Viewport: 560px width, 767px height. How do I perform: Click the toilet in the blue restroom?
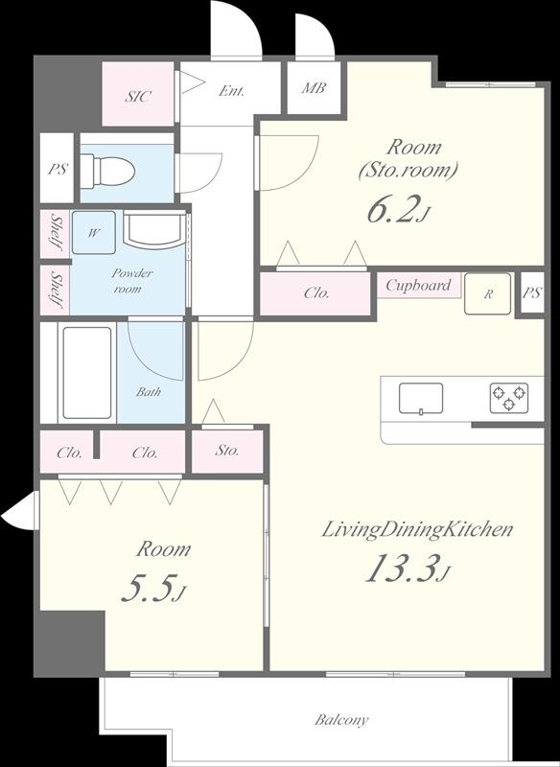click(107, 170)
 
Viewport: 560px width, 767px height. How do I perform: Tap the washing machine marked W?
click(93, 232)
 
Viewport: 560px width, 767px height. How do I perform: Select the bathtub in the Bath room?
click(87, 373)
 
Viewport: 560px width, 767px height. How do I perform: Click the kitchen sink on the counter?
click(421, 398)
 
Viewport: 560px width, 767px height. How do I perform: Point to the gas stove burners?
click(509, 397)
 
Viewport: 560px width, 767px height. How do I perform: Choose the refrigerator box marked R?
click(487, 293)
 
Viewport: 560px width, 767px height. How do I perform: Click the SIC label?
click(138, 96)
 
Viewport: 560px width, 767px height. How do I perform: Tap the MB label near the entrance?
click(313, 88)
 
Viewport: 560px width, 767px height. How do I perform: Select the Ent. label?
click(231, 90)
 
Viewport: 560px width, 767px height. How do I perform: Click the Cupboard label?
click(418, 285)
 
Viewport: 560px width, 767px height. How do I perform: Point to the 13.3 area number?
click(404, 569)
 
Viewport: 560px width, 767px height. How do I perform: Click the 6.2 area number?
click(397, 211)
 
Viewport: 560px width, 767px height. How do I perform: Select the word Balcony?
click(341, 720)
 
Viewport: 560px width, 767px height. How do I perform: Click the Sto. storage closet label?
click(227, 450)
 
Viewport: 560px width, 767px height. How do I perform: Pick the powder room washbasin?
click(154, 228)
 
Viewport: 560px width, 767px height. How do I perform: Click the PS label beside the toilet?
click(58, 170)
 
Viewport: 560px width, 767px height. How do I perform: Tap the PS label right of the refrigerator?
click(531, 292)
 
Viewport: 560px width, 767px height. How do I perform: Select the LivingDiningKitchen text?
click(417, 530)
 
